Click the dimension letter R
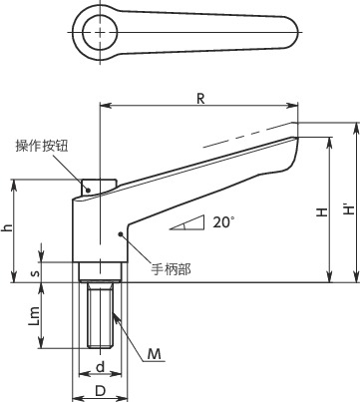(200, 98)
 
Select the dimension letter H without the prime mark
(320, 213)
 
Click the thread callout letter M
(155, 327)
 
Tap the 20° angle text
(224, 222)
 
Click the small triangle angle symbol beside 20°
(186, 223)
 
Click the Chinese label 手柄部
(171, 267)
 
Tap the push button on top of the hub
(100, 185)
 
